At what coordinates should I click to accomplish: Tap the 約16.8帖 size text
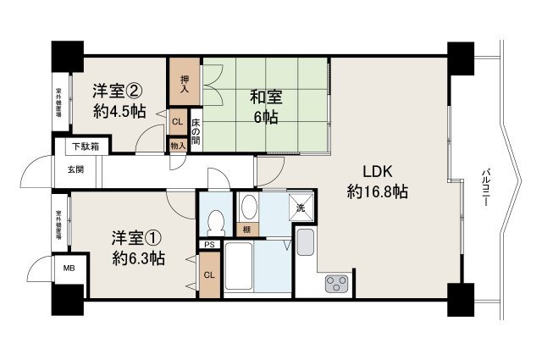point(378,192)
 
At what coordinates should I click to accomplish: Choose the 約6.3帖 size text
point(139,258)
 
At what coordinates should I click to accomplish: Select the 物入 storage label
point(177,146)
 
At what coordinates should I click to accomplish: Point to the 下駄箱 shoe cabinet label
point(84,147)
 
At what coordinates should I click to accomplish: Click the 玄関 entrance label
point(75,169)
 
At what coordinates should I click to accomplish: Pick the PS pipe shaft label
point(210,246)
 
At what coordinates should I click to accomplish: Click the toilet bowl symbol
point(215,223)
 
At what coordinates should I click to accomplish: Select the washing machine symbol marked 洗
point(301,207)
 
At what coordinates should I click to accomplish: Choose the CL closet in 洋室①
point(210,274)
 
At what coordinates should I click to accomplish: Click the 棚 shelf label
point(246,230)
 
